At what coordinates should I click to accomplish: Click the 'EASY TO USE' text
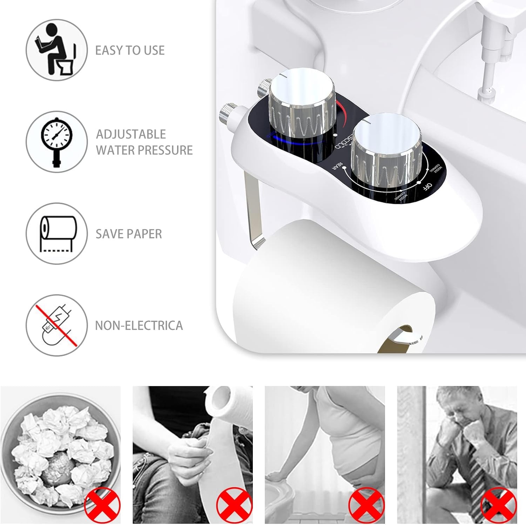tap(130, 51)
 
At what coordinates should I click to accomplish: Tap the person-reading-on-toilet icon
tap(56, 50)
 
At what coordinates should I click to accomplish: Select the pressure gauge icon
tap(56, 142)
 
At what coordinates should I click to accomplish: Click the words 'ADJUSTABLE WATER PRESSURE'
tap(144, 142)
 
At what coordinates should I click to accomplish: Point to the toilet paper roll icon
tap(56, 233)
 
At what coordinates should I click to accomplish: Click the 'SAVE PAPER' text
tap(129, 234)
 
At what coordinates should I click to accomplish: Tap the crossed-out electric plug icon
tap(56, 325)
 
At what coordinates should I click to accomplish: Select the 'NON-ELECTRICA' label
tap(139, 325)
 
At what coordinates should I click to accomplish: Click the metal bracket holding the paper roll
tap(255, 210)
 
